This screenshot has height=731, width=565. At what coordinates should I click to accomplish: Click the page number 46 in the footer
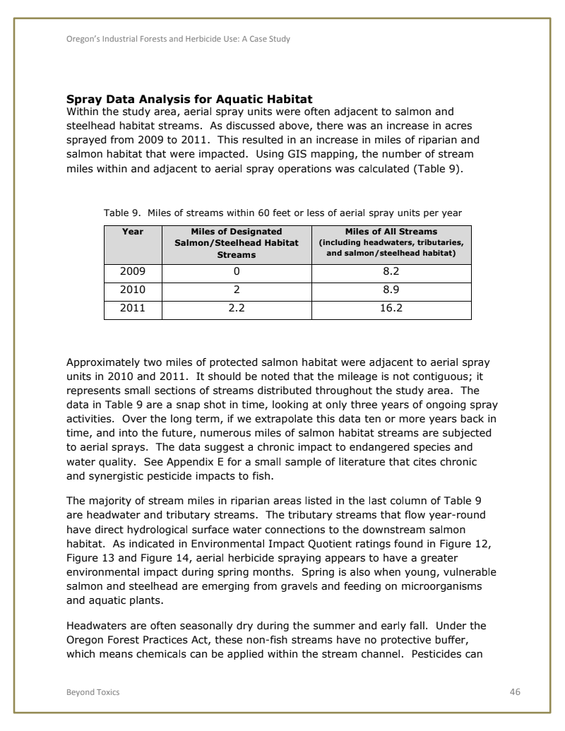click(514, 692)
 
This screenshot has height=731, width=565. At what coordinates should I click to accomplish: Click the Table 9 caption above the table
click(282, 212)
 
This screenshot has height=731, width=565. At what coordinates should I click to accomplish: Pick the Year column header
click(133, 232)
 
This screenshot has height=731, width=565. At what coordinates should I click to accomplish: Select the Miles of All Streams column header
click(391, 242)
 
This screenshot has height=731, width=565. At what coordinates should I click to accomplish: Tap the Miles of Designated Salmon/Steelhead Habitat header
click(237, 242)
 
